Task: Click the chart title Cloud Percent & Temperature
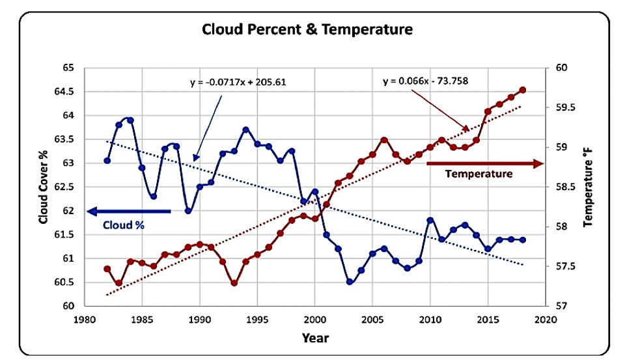pos(307,29)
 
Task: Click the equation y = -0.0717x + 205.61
pos(238,83)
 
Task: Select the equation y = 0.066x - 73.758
pos(426,81)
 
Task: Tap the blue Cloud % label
pos(124,225)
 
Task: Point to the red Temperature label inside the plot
pos(479,174)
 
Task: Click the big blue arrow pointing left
pos(129,212)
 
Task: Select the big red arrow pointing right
pos(485,163)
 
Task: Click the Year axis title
pos(315,338)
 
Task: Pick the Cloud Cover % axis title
pos(43,187)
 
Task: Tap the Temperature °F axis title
pos(588,187)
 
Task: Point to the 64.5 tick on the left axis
pos(64,92)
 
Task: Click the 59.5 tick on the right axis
pos(566,107)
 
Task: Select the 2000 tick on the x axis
pos(315,320)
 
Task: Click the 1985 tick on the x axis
pos(142,320)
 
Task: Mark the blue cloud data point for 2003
pos(350,281)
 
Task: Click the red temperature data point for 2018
pos(523,90)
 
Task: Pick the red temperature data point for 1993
pos(234,283)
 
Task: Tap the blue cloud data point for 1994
pos(246,130)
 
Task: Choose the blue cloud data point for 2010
pos(430,220)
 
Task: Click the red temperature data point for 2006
pos(384,140)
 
